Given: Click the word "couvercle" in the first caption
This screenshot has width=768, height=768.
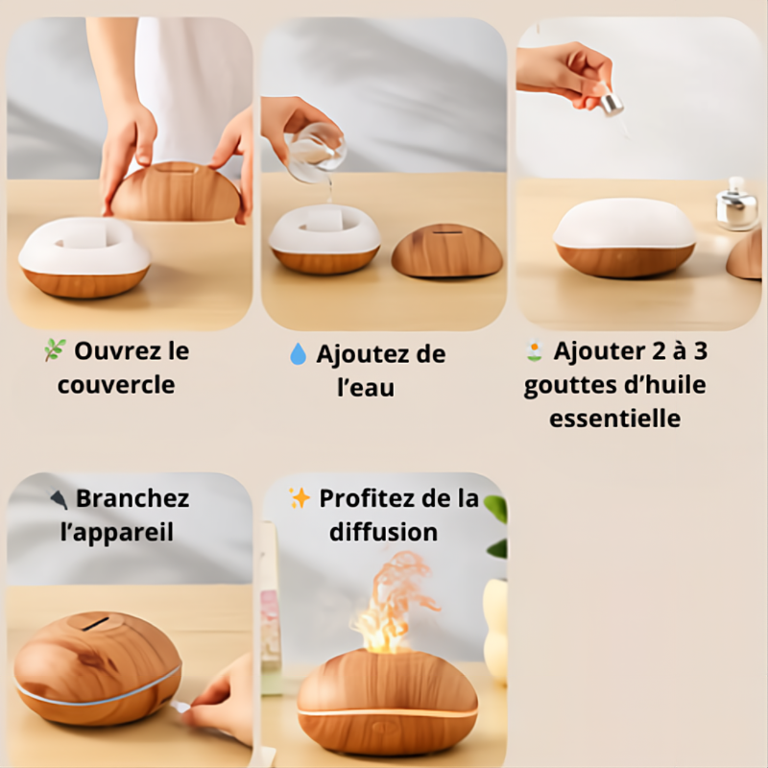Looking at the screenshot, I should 115,385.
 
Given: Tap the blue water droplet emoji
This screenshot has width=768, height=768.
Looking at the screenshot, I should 298,354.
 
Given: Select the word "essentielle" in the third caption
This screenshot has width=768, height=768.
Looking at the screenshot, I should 614,419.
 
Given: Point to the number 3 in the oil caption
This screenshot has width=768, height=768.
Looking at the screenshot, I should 700,350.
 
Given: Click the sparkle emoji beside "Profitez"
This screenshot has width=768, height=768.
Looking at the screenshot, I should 300,498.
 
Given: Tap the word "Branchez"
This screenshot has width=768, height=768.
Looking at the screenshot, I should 132,499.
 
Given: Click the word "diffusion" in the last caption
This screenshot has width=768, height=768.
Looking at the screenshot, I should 383,532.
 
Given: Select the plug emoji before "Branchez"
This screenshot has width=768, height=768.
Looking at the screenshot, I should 59,498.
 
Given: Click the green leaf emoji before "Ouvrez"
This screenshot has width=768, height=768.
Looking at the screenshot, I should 55,351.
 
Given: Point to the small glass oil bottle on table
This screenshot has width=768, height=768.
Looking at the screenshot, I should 736,204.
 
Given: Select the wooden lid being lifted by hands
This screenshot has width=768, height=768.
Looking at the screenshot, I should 175,192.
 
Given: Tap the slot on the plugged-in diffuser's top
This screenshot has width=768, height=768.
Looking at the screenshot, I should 94,624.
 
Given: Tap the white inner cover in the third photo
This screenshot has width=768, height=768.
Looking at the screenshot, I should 625,225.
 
